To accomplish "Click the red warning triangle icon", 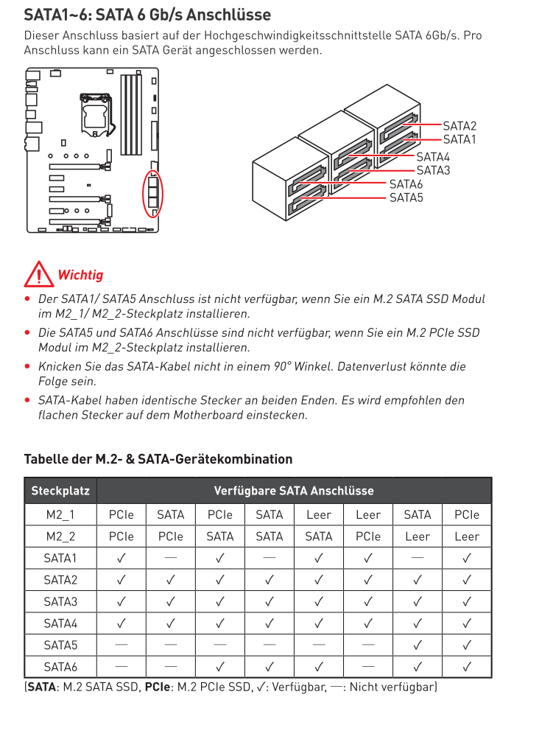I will [36, 275].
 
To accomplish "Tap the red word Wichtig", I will [80, 275].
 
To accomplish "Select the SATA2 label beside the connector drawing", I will [459, 126].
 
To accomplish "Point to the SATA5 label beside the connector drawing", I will [406, 197].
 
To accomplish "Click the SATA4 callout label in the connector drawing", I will [432, 156].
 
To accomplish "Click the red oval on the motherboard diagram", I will [152, 193].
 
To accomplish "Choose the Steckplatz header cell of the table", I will [60, 491].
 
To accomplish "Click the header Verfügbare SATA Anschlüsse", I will [294, 491].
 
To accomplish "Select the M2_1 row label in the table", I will [60, 514].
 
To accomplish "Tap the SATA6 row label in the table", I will [60, 667].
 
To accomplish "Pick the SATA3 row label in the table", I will [60, 601].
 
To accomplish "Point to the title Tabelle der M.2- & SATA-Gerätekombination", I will [158, 459].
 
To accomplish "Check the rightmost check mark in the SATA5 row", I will [466, 645].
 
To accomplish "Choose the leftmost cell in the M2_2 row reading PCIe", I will [121, 536].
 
